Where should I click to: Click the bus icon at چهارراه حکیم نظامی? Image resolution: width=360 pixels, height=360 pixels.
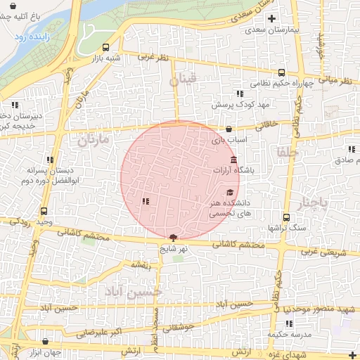[282, 72]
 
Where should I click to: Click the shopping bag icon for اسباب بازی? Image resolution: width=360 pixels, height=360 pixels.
[230, 129]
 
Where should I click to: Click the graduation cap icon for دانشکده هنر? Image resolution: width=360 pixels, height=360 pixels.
[230, 192]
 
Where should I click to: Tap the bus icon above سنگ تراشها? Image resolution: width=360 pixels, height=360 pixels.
[285, 217]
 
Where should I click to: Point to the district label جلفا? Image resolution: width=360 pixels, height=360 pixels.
[288, 152]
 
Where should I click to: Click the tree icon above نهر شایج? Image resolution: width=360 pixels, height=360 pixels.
[174, 238]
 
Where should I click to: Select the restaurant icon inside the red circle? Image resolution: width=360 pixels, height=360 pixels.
[145, 202]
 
